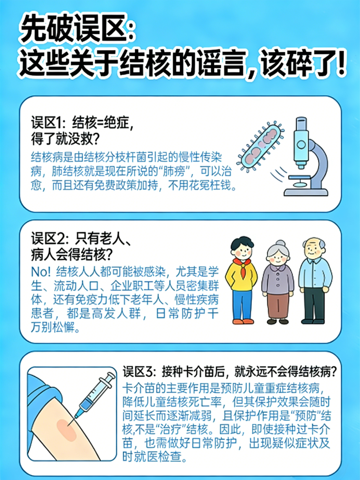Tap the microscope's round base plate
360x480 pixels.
pyautogui.click(x=306, y=193)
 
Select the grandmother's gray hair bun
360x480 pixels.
pyautogui.click(x=280, y=243)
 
